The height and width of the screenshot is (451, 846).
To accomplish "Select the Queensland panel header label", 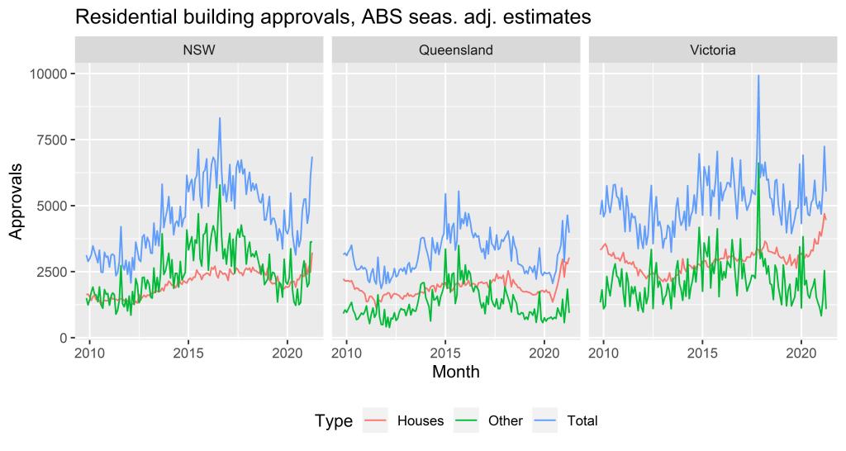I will [x=455, y=50].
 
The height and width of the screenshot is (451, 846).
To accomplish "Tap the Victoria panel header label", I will [x=713, y=50].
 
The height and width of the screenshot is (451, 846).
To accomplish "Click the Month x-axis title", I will [x=455, y=373].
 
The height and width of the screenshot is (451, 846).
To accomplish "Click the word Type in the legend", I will [x=334, y=421].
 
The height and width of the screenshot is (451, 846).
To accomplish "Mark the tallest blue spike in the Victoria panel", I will [x=758, y=76].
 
